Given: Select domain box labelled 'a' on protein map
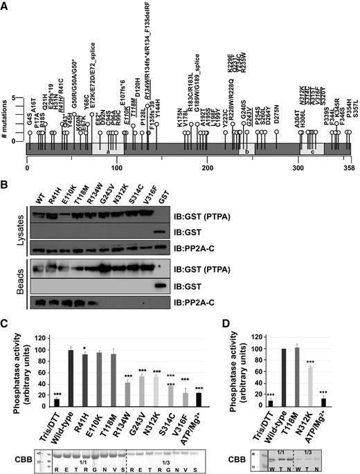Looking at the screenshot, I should [x=108, y=152].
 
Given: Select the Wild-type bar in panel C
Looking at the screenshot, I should [x=69, y=381].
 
